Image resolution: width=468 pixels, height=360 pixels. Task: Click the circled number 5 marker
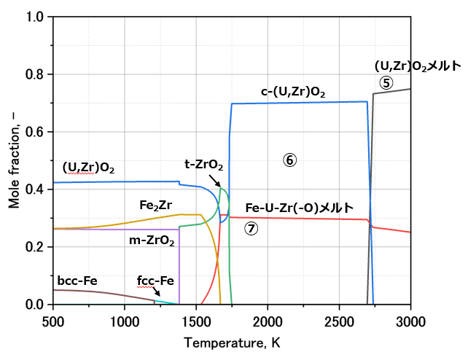[x=386, y=83]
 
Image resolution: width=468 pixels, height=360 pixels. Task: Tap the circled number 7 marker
[x=251, y=228]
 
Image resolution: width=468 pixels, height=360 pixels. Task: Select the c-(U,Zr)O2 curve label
[x=293, y=93]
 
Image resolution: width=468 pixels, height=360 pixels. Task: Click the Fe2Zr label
[x=155, y=206]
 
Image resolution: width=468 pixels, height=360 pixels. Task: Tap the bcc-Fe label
[x=77, y=281]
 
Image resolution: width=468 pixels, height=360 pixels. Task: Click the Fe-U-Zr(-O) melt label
[x=299, y=207]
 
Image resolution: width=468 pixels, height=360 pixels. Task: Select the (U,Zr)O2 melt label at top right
[x=417, y=66]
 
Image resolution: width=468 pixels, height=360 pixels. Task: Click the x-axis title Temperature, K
[x=232, y=343]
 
